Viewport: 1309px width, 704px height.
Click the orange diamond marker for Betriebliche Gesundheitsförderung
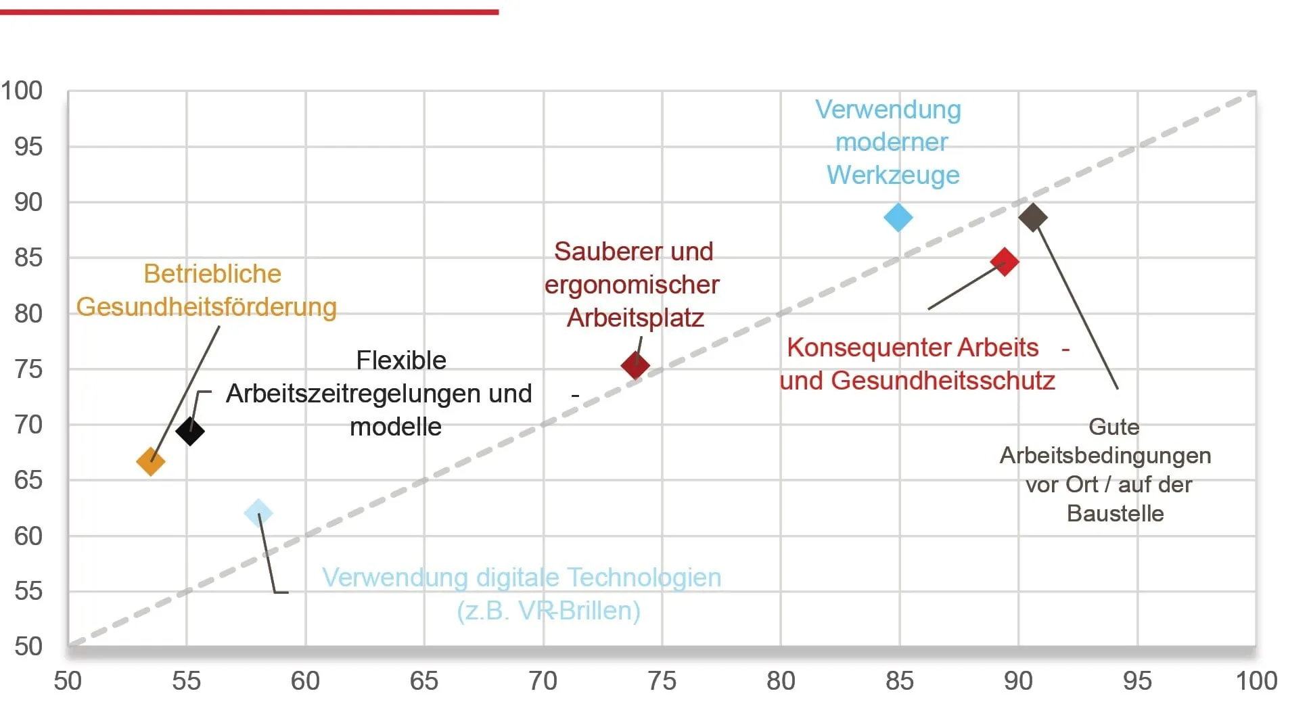(x=150, y=462)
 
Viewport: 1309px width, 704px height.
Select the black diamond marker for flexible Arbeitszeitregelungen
(x=190, y=431)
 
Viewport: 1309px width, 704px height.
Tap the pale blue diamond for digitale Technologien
(x=258, y=513)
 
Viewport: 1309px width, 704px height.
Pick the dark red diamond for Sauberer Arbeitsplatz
(x=635, y=365)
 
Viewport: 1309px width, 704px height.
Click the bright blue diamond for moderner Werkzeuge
(x=898, y=218)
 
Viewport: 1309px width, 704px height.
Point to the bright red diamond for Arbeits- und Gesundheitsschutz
(x=1005, y=262)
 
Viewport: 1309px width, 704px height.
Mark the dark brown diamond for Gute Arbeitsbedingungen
(x=1033, y=217)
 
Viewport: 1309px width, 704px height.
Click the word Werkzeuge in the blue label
(x=893, y=175)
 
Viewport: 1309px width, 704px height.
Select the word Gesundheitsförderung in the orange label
(x=206, y=307)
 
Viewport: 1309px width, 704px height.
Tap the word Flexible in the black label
(x=401, y=360)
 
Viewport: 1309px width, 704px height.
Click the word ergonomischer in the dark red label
(x=632, y=285)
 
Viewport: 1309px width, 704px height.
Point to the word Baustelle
(x=1116, y=514)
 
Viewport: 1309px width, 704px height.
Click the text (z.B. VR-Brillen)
(x=549, y=611)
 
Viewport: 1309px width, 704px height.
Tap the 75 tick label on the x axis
(x=662, y=681)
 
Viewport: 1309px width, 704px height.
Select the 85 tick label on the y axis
(x=28, y=258)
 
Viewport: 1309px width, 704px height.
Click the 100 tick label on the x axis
(x=1256, y=681)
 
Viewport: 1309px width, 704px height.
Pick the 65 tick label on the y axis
(x=28, y=480)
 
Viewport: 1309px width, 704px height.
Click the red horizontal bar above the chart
(x=249, y=12)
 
